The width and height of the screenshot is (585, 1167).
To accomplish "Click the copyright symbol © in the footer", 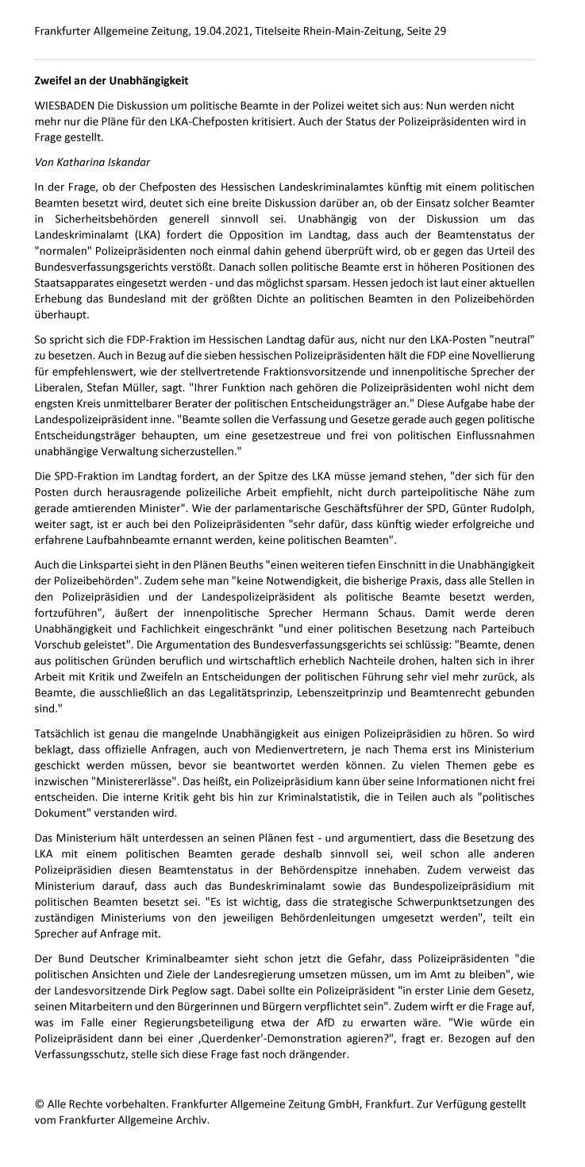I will click(x=40, y=1103).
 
